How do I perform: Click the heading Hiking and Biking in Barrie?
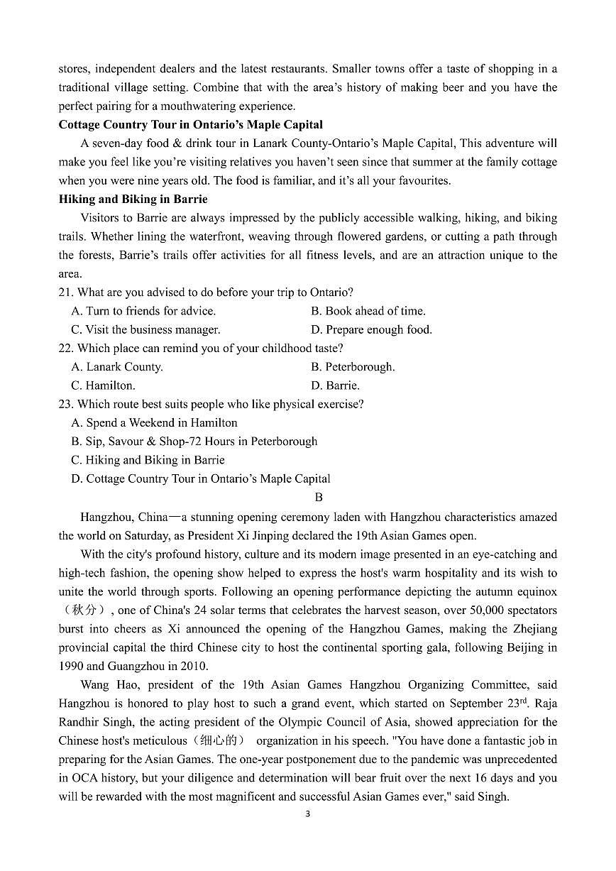133,199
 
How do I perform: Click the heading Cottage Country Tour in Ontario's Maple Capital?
190,125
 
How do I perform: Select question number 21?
67,292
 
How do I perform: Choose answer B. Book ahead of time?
368,311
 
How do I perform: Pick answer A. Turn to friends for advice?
143,311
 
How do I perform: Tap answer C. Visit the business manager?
145,329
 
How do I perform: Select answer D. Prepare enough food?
371,329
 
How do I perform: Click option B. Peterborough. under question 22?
353,367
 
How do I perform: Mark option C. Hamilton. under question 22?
103,385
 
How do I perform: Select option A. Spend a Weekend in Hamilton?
154,423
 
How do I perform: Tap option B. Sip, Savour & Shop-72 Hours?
194,442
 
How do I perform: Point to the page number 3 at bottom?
307,814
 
